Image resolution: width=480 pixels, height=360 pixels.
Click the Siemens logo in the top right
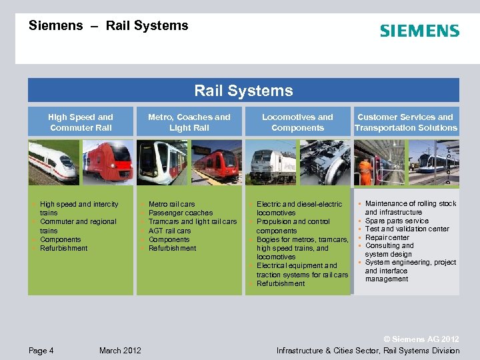(x=419, y=31)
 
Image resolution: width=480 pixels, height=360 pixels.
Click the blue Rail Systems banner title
(x=243, y=91)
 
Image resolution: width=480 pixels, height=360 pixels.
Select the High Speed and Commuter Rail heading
(x=81, y=122)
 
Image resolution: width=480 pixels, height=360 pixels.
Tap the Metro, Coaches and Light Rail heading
(x=189, y=122)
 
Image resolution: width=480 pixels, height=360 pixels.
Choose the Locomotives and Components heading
(x=297, y=122)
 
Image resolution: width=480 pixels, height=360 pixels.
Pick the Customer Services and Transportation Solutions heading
(x=406, y=122)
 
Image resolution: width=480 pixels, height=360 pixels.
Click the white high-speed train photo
(x=53, y=162)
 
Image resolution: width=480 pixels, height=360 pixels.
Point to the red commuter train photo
(x=107, y=162)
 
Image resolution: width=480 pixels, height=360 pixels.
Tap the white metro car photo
(x=162, y=162)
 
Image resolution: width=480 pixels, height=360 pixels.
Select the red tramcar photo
(x=216, y=162)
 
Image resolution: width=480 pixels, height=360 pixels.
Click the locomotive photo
(x=270, y=162)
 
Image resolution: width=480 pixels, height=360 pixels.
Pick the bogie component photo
(x=325, y=162)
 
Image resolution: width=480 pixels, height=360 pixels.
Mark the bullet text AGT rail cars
(x=169, y=231)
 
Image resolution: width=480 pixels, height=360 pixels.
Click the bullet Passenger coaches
(x=181, y=213)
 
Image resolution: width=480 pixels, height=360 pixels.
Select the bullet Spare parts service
(x=397, y=221)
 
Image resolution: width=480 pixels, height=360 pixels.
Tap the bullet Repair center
(x=387, y=237)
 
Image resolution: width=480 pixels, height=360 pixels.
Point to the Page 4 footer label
(x=41, y=351)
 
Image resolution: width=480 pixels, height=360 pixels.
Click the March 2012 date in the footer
(x=120, y=351)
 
